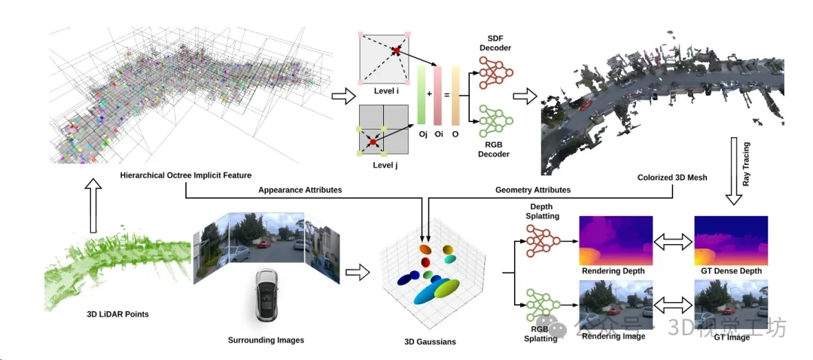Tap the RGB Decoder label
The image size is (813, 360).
point(495,149)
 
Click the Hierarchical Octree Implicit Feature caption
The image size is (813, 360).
point(184,175)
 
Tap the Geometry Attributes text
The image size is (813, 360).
point(532,191)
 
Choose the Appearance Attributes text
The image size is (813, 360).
point(300,191)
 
